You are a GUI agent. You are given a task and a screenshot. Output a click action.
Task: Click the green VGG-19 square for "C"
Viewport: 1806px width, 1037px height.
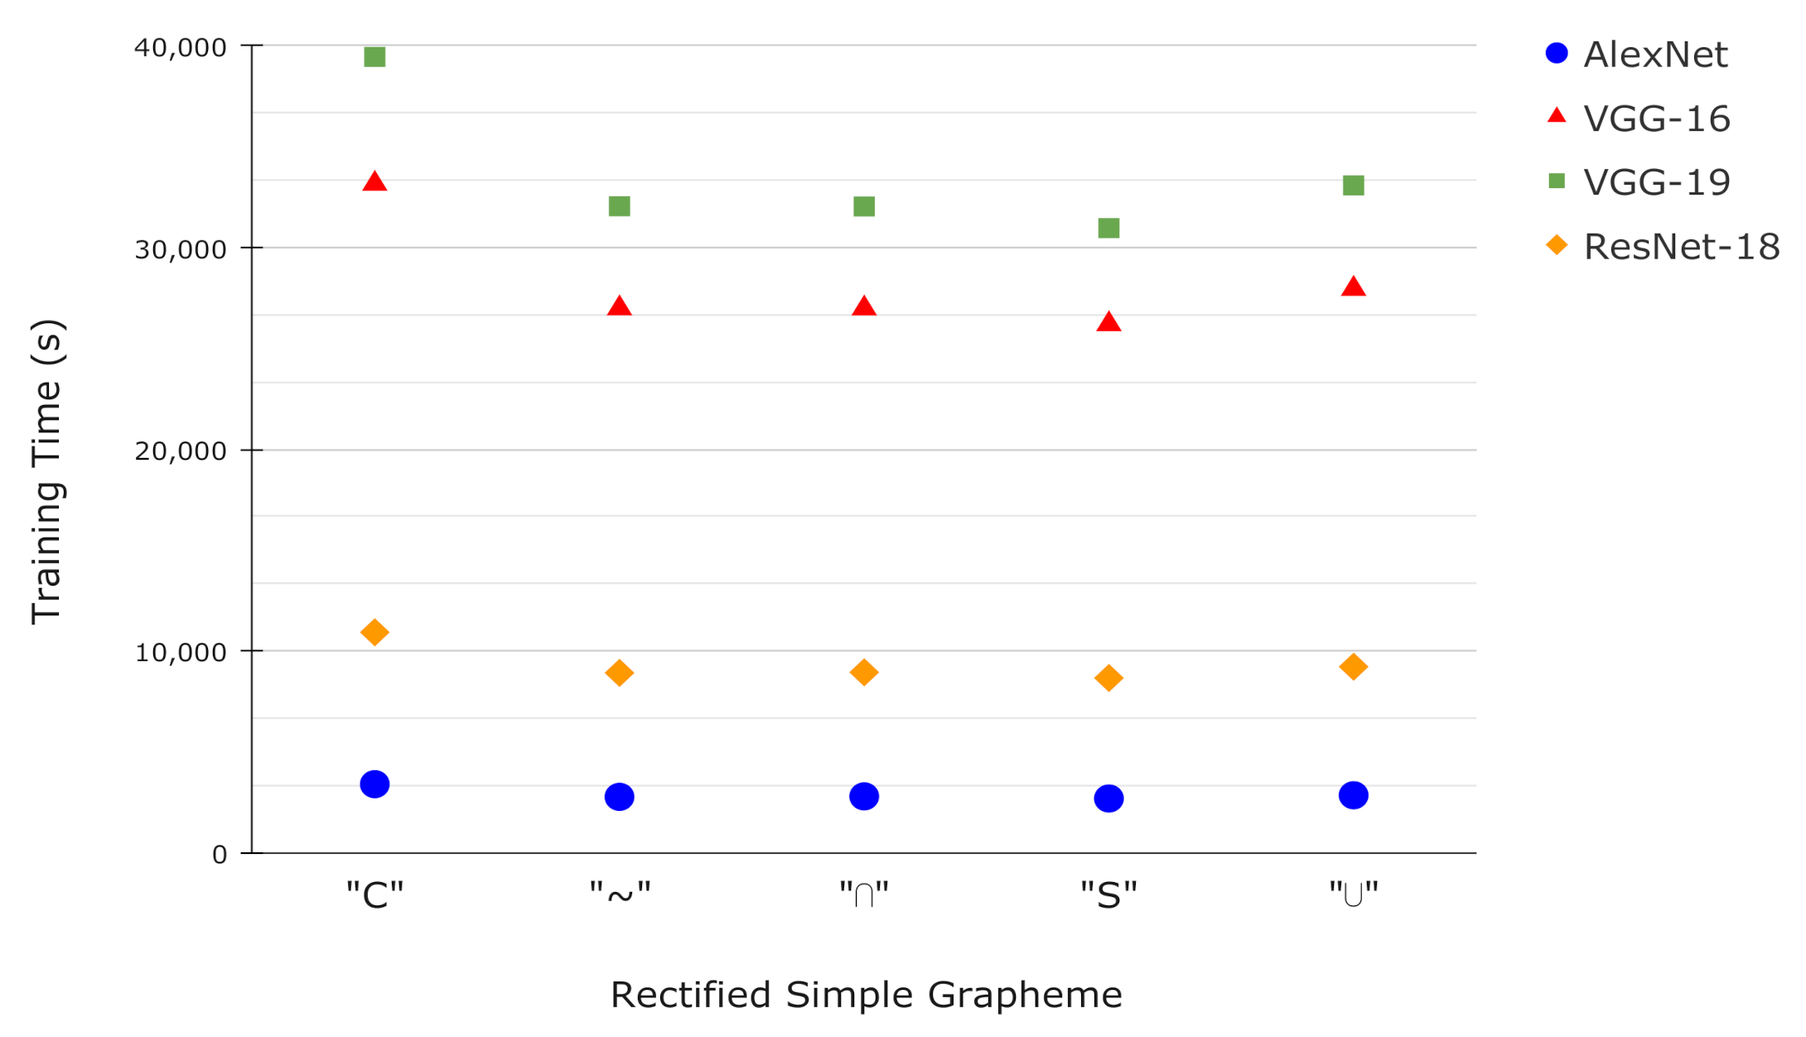tap(374, 57)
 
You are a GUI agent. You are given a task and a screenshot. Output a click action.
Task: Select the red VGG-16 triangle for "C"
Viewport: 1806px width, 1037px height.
tap(374, 182)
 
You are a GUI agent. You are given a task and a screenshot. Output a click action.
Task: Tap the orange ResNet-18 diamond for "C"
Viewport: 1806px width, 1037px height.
tap(374, 633)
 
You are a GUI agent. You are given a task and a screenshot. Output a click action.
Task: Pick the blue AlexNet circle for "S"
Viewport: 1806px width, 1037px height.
tap(1108, 798)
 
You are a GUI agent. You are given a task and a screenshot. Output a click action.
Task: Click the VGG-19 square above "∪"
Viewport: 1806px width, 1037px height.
tap(1353, 186)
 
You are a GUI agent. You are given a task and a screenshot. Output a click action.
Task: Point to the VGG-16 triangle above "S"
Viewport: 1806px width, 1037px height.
tap(1108, 322)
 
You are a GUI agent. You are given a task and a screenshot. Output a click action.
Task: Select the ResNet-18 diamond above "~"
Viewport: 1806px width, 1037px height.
tap(619, 673)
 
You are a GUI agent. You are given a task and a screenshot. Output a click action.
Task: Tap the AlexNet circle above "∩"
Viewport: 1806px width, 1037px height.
tap(864, 797)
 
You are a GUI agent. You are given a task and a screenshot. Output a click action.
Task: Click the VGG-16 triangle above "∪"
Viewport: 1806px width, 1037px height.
tap(1353, 287)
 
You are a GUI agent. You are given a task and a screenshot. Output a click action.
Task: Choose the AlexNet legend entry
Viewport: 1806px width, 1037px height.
tap(1654, 55)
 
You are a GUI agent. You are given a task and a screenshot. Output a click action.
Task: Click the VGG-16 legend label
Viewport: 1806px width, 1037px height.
tap(1656, 119)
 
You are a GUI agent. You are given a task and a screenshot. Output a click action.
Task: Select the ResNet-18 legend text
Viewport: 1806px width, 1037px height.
tap(1681, 247)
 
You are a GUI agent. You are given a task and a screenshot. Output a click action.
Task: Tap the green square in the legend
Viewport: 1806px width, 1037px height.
tap(1557, 181)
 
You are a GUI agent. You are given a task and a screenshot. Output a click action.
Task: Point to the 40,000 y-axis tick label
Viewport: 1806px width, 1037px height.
tap(180, 47)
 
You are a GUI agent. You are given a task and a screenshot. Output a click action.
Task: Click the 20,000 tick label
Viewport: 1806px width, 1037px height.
tap(180, 451)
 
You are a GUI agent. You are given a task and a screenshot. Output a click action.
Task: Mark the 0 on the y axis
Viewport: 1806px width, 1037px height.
tap(219, 855)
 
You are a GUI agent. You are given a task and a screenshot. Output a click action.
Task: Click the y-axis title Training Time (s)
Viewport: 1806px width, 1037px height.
tap(46, 471)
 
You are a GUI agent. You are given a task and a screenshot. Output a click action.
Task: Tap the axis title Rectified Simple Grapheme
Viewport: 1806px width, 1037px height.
tap(866, 995)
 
